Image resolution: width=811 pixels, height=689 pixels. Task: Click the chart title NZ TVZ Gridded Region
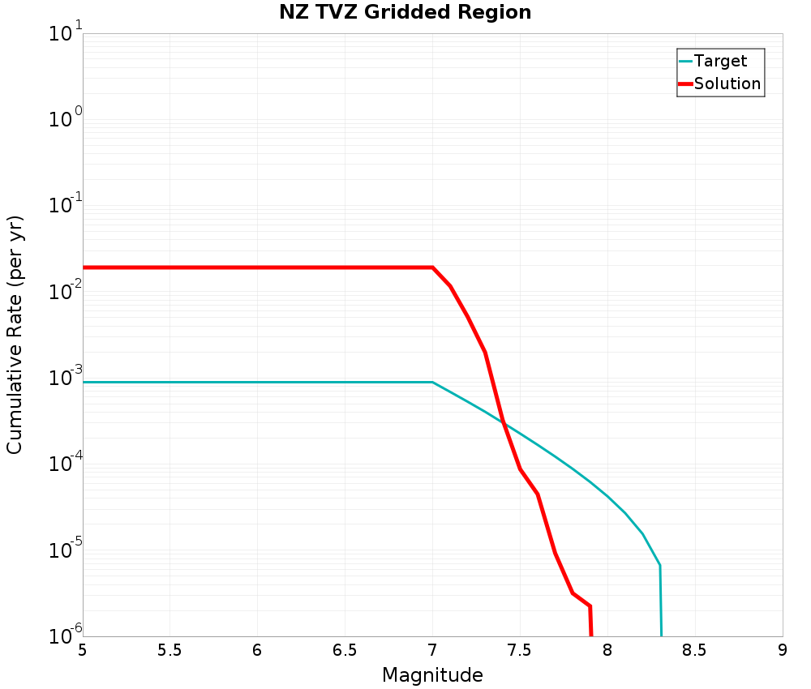405,13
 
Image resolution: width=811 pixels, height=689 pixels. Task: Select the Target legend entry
720,61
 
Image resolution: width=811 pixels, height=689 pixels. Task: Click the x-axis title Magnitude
432,674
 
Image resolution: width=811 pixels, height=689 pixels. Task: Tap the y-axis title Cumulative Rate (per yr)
15,335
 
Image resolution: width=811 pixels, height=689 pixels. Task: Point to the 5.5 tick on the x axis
169,650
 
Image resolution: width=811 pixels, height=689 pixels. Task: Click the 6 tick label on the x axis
257,650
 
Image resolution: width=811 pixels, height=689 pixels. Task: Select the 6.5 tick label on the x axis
345,650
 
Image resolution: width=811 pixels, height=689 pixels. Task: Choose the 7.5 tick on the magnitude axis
519,650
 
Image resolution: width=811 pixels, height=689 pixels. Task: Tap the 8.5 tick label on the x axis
694,650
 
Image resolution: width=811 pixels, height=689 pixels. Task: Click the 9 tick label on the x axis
782,650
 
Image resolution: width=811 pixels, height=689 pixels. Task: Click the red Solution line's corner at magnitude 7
432,267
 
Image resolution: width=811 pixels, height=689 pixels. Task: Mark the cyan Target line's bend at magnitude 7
432,382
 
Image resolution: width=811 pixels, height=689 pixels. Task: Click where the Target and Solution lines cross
503,422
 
